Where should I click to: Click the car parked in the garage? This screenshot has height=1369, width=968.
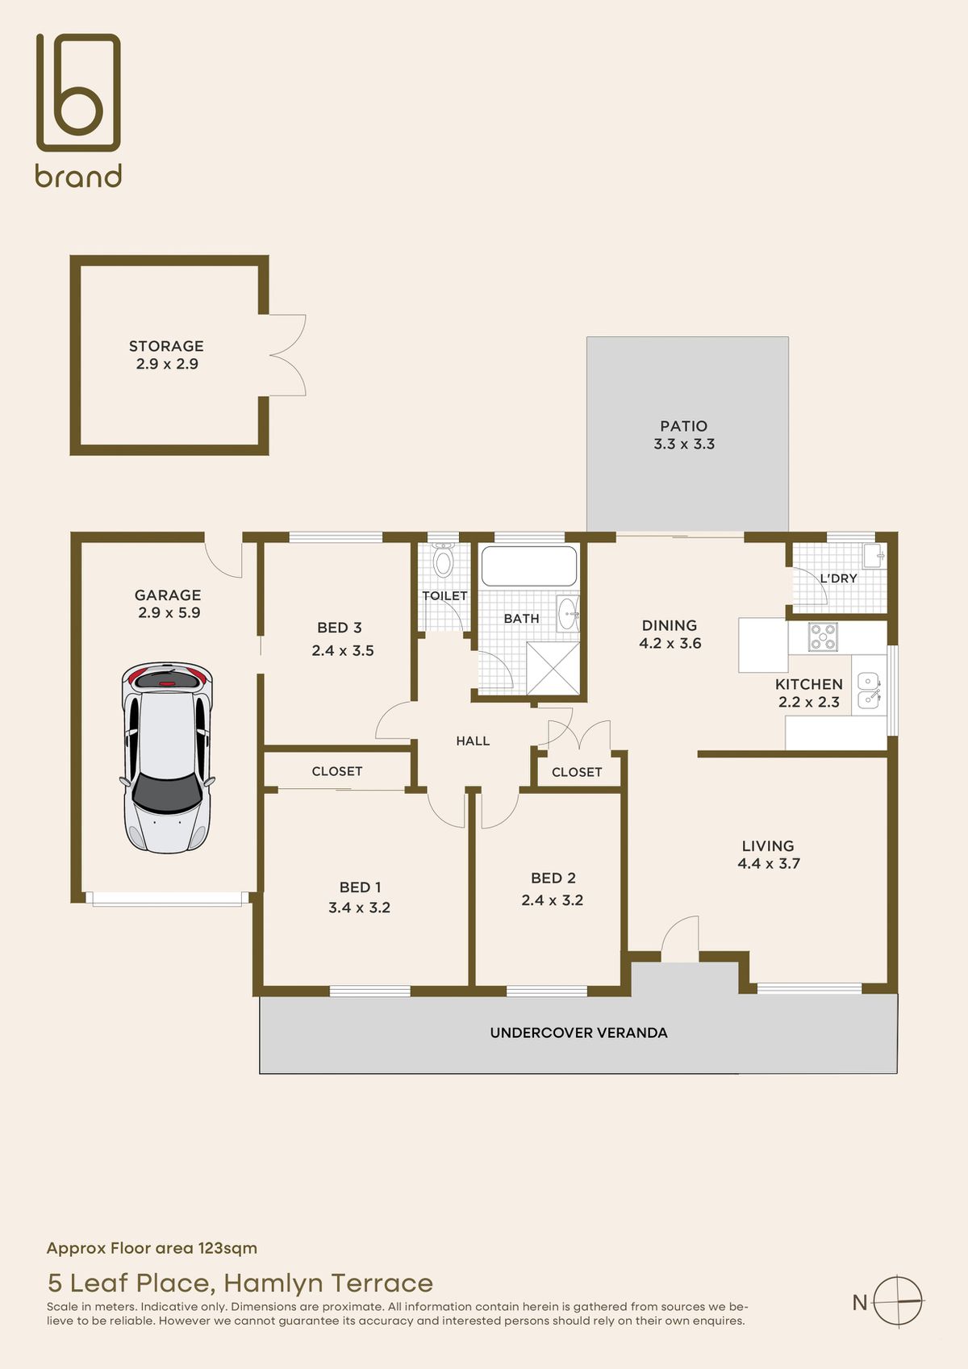[167, 758]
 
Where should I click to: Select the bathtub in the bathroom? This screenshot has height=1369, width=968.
[529, 566]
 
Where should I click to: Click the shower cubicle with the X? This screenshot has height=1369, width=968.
[553, 668]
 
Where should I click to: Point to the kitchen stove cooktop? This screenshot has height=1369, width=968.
[824, 637]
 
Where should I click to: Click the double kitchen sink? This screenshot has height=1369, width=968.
[868, 691]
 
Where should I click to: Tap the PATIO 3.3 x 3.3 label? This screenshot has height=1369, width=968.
[684, 435]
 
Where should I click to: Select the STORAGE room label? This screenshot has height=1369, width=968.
[166, 346]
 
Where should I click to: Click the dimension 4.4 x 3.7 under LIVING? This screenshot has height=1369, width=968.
[769, 864]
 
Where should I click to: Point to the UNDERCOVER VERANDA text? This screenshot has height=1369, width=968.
[578, 1033]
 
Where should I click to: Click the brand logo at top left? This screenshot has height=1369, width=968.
[78, 111]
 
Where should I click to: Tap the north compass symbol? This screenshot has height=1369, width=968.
[898, 1301]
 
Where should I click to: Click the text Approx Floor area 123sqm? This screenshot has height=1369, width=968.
[152, 1248]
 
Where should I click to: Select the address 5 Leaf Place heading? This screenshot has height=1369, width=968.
[240, 1283]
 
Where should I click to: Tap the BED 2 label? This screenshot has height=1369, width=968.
[553, 878]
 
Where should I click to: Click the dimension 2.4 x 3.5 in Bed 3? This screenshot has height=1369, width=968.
[343, 651]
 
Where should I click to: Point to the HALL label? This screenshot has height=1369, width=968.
[473, 741]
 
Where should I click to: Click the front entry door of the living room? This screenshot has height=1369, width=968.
[680, 940]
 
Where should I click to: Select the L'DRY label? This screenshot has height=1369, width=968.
[838, 578]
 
